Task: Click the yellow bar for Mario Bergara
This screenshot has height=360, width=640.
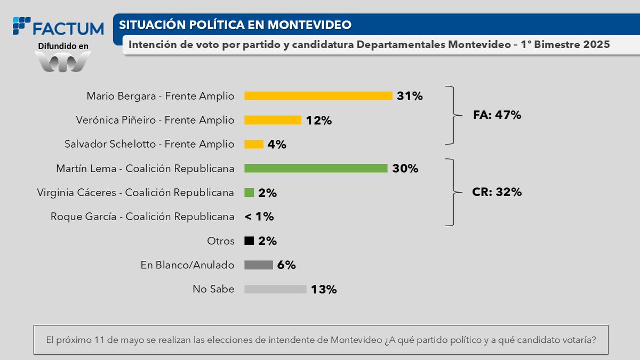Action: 318,96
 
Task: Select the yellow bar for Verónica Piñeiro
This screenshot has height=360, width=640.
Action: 273,120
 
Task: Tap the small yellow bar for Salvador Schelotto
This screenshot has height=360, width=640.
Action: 254,144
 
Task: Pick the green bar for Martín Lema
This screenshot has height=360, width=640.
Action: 316,169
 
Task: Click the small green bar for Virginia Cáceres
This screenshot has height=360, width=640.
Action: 249,193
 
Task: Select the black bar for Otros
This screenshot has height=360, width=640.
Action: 249,241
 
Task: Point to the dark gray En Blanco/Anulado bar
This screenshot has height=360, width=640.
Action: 259,265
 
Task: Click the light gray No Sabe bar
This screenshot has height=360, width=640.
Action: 275,289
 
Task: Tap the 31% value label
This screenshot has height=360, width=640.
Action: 410,96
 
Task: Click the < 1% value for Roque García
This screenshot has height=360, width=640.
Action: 259,217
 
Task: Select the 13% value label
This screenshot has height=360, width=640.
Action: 324,290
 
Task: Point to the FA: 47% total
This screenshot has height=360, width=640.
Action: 497,115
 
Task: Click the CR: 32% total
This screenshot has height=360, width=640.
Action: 497,192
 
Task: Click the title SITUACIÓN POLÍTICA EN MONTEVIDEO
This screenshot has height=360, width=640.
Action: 235,25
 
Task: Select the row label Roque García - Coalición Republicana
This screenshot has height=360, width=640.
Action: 142,217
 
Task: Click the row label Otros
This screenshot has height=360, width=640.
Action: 221,241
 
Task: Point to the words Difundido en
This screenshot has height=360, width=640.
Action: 63,46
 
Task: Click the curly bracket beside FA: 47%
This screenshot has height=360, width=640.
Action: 453,115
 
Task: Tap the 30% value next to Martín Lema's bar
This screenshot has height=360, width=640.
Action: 405,169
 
